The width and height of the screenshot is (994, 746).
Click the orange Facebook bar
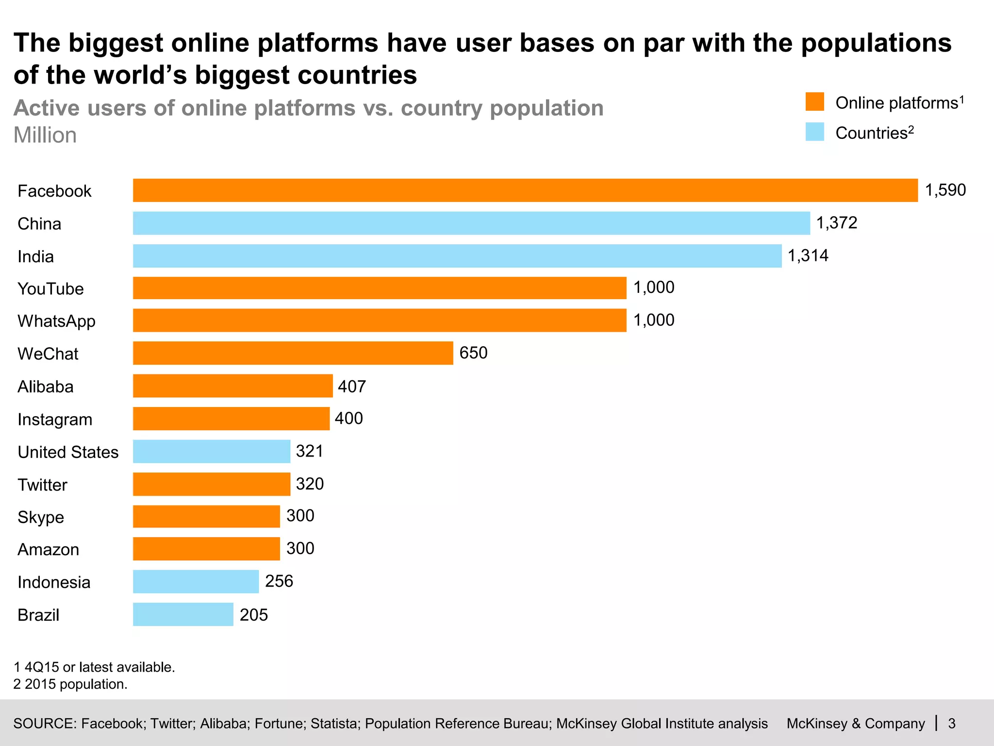tap(525, 190)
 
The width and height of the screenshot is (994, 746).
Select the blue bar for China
tap(471, 223)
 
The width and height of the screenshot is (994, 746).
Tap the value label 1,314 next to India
tap(808, 255)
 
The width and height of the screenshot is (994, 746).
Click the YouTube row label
tap(50, 289)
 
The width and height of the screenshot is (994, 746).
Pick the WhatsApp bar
tap(380, 321)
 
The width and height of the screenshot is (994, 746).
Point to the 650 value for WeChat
tap(473, 353)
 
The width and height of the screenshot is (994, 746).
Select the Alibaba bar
tap(233, 386)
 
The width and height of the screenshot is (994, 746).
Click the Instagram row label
tap(55, 419)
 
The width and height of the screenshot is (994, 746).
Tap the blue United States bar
tap(212, 451)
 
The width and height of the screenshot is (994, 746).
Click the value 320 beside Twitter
tap(310, 484)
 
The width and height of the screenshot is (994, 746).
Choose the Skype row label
tap(41, 517)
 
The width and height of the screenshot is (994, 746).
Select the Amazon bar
tap(206, 549)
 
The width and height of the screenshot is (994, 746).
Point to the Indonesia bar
tap(196, 581)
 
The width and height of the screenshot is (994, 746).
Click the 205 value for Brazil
tap(254, 615)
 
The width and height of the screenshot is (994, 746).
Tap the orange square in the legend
tap(814, 102)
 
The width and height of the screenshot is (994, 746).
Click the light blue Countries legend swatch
tap(814, 132)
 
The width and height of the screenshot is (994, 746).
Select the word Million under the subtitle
tap(45, 136)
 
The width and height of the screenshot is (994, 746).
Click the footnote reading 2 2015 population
tap(70, 684)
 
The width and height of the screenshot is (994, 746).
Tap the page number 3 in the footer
tap(952, 724)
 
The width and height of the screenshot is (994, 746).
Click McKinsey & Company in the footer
tap(856, 724)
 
